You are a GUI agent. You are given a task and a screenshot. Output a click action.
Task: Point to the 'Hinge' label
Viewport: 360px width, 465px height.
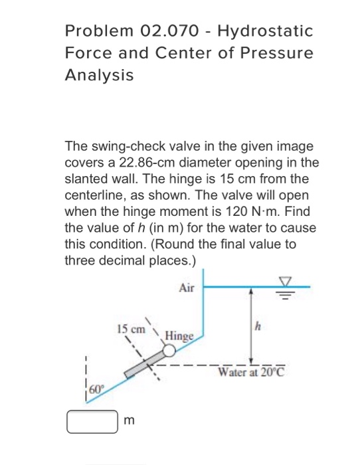(179, 336)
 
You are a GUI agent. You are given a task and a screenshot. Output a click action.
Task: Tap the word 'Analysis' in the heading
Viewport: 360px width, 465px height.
(99, 75)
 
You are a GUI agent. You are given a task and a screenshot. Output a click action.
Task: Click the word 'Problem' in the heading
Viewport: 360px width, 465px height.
(96, 31)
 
